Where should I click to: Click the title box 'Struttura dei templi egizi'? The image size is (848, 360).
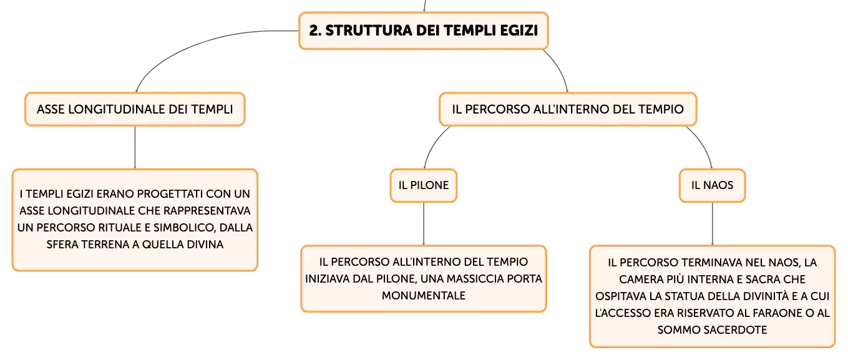(x=424, y=31)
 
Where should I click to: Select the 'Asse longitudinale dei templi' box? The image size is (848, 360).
(x=135, y=109)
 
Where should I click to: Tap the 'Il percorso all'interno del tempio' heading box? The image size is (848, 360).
(x=568, y=109)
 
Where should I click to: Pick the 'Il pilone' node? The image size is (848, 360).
(x=424, y=185)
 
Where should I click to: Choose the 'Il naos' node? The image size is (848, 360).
(x=712, y=185)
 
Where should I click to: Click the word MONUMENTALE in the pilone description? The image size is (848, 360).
(x=424, y=295)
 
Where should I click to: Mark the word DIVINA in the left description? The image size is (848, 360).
(x=203, y=245)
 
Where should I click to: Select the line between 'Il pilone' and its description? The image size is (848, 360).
(x=424, y=224)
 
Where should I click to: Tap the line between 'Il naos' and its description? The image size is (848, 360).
(x=712, y=224)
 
